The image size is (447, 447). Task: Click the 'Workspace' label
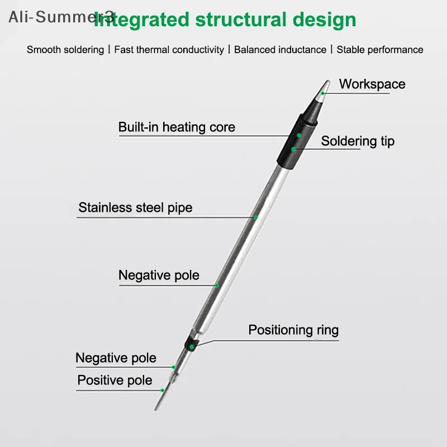[x=372, y=84]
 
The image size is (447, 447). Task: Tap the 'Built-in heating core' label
[x=177, y=127]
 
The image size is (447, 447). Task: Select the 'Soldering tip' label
[x=358, y=141]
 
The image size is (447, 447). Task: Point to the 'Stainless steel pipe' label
[x=135, y=207]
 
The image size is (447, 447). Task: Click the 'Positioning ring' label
[x=293, y=330]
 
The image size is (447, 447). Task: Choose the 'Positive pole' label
[x=115, y=381]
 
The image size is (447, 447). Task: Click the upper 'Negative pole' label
[x=159, y=275]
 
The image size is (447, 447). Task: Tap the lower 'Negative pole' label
[x=116, y=358]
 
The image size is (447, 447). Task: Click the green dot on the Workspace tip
[x=323, y=93]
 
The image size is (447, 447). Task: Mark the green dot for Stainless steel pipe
[x=256, y=217]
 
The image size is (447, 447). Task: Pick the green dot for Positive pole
[x=163, y=390]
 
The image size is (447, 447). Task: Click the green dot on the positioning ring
[x=192, y=346]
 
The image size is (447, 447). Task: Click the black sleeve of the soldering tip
[x=297, y=142]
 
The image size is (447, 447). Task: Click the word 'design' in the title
[x=325, y=20]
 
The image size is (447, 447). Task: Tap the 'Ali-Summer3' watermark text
[x=61, y=17]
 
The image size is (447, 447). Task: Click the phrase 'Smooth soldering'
[x=65, y=50]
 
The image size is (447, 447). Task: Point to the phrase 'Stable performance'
[x=380, y=50]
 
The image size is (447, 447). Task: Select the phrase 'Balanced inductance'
[x=280, y=50]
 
